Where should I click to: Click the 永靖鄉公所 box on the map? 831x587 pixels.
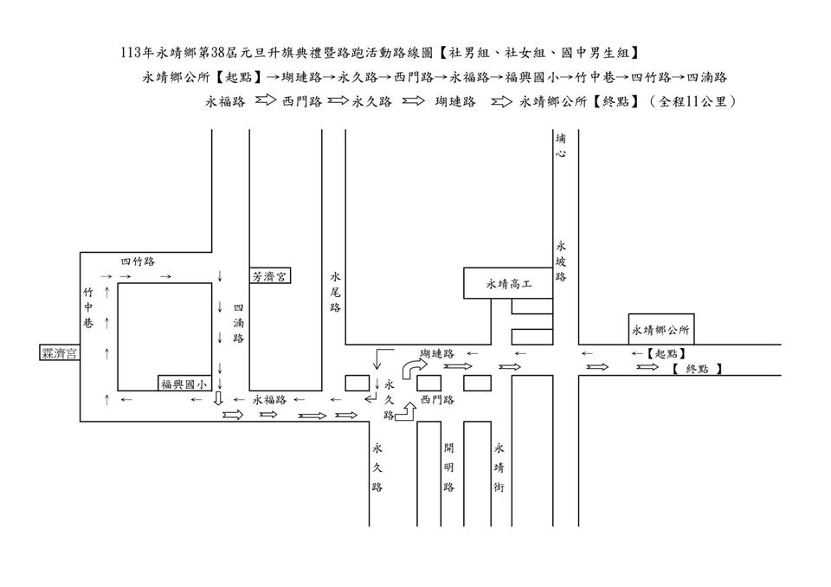[661, 329]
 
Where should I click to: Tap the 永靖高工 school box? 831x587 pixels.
[507, 283]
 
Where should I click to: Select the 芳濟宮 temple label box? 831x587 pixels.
[271, 276]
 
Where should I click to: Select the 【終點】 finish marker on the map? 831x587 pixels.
[696, 369]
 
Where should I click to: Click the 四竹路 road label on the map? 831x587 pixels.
[138, 261]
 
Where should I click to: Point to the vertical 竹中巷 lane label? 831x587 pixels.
[88, 308]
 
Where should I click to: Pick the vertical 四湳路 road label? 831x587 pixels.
[239, 322]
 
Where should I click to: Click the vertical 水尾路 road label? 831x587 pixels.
[335, 293]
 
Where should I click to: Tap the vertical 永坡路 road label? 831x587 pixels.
[561, 261]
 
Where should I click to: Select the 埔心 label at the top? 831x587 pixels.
[561, 145]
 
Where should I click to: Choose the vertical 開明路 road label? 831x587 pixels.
[448, 468]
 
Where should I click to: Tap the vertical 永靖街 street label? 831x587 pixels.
[499, 468]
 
